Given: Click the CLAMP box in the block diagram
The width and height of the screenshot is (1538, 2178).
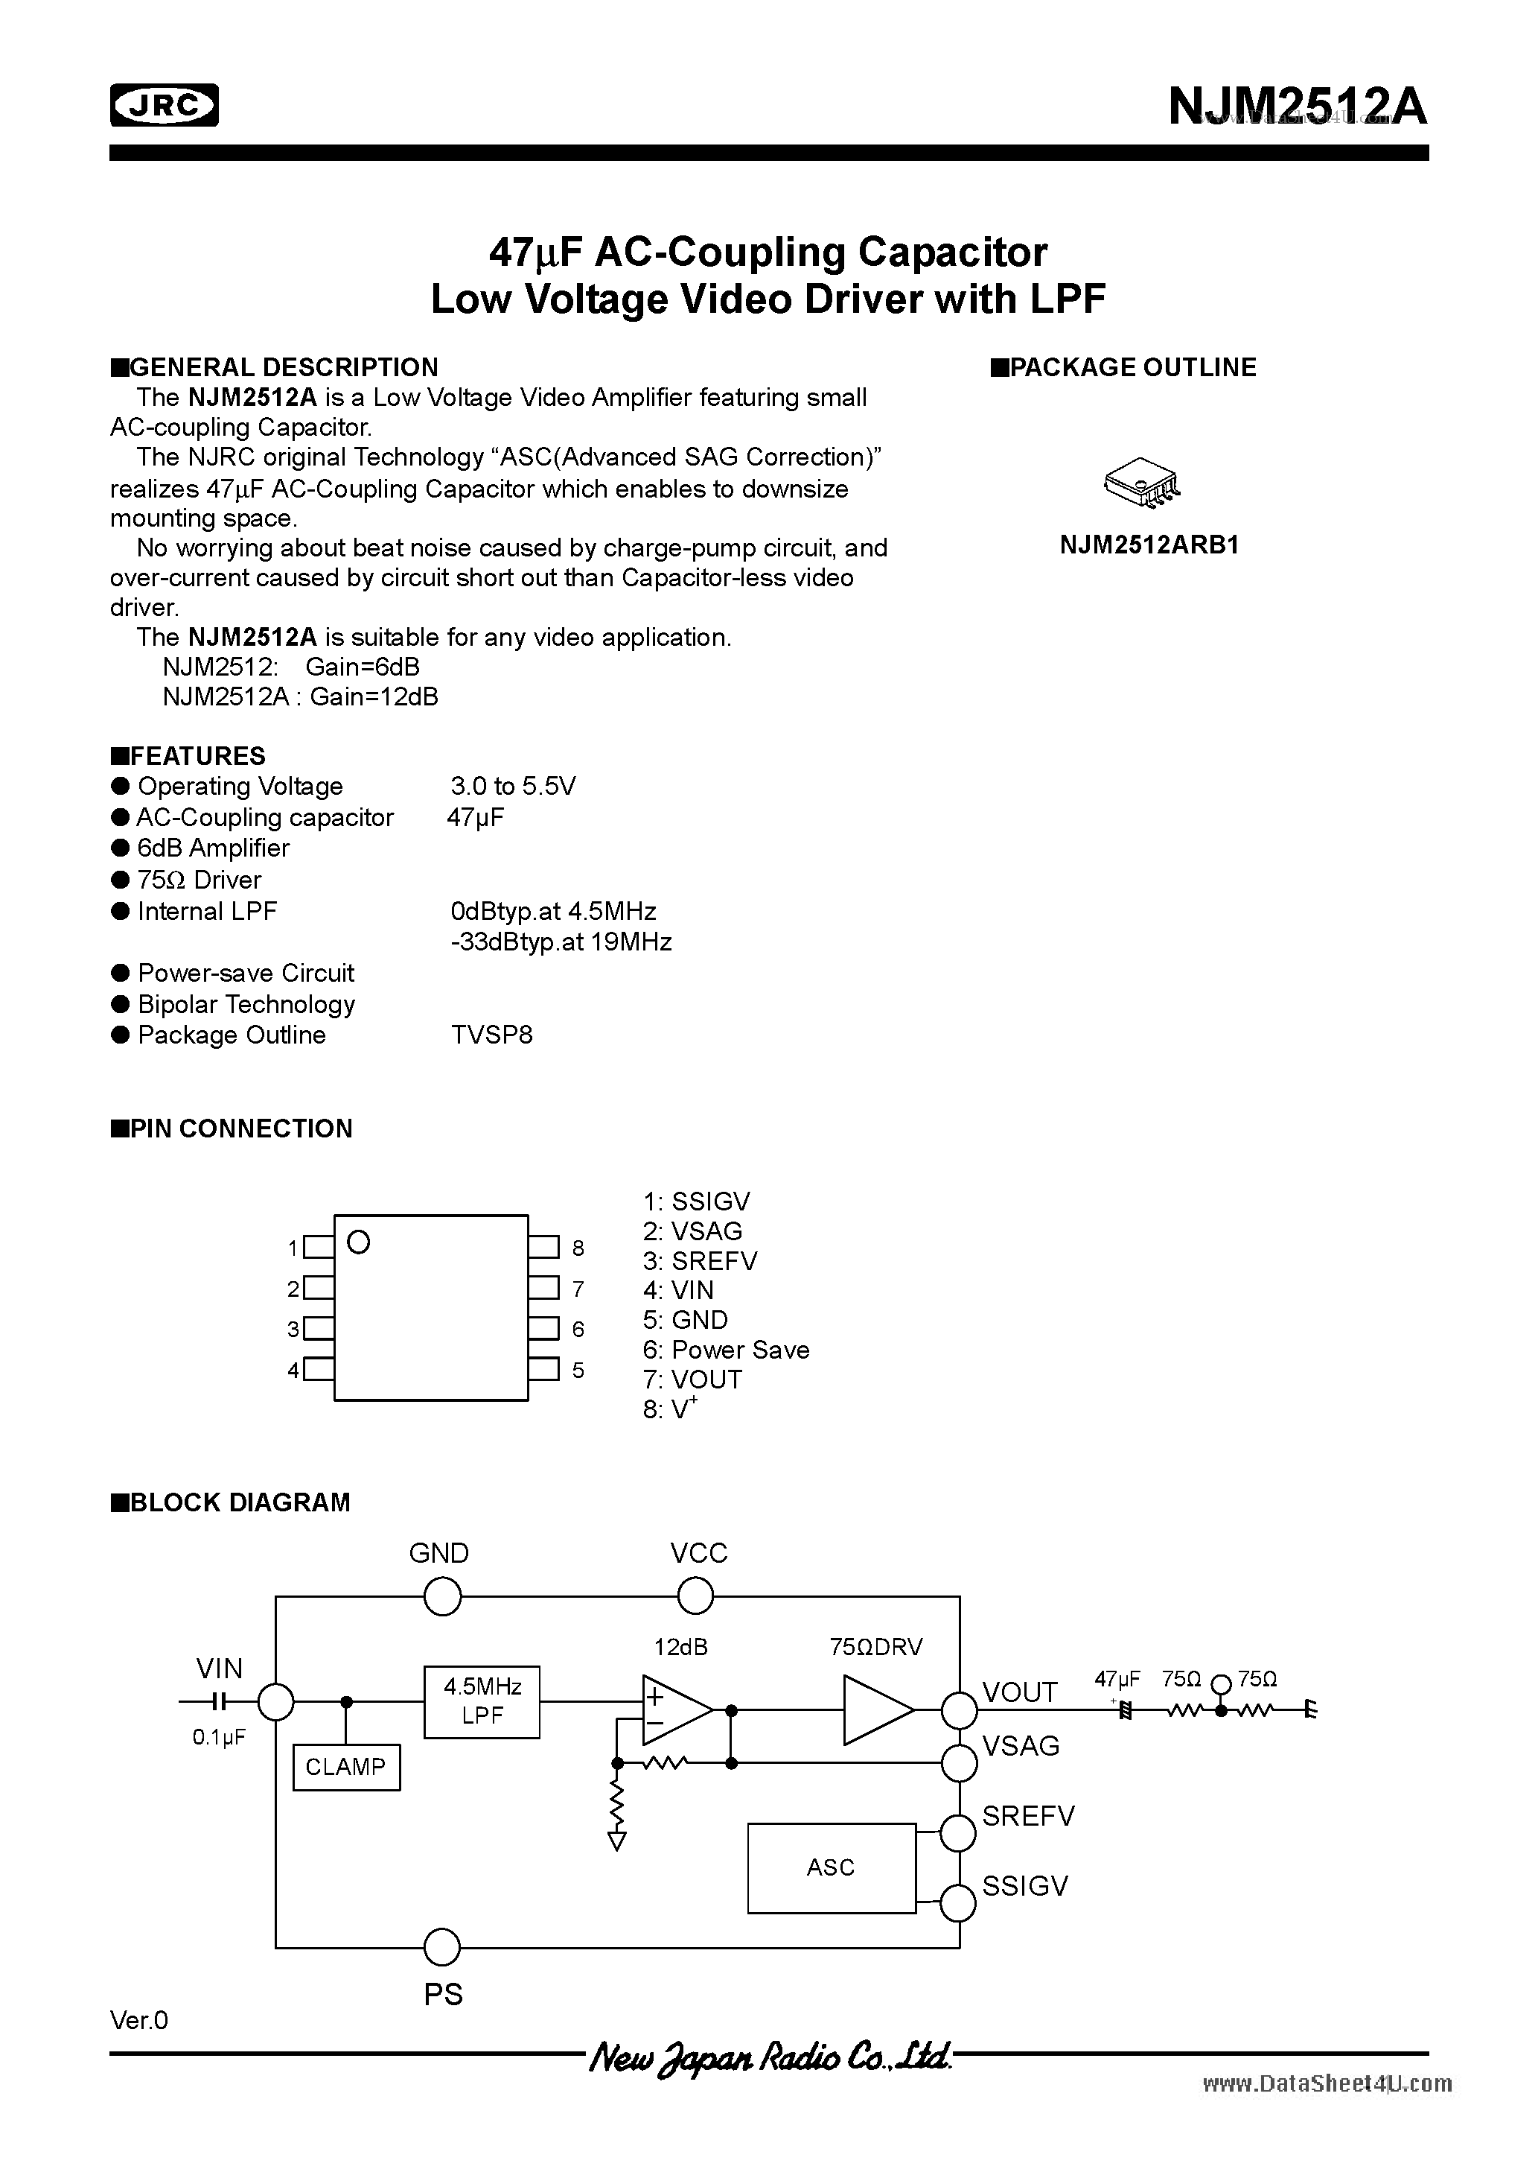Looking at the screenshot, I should pos(346,1766).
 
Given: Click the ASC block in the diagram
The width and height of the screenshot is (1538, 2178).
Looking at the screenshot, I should pos(831,1867).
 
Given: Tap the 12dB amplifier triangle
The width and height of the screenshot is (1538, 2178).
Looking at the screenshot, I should pos(675,1709).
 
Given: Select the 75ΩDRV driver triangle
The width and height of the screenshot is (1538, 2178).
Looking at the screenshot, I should pos(877,1709).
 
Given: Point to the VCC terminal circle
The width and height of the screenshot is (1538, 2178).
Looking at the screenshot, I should pos(695,1596).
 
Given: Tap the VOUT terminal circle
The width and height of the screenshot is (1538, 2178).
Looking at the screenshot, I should pos(959,1709).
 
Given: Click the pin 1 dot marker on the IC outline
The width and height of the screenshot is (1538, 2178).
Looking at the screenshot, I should pos(358,1242).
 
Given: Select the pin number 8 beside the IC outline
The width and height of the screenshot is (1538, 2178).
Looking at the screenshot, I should pos(578,1248).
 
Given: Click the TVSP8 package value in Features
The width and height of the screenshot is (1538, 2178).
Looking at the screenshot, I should pos(492,1035).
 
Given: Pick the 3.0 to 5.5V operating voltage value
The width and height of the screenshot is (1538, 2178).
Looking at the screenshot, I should pos(513,787).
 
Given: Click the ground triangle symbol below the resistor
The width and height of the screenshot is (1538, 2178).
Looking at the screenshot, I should pos(617,1841).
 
